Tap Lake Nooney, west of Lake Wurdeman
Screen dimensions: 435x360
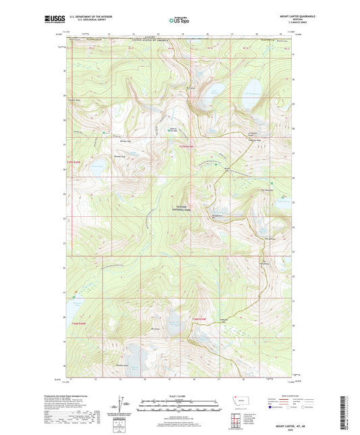(215, 91)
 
